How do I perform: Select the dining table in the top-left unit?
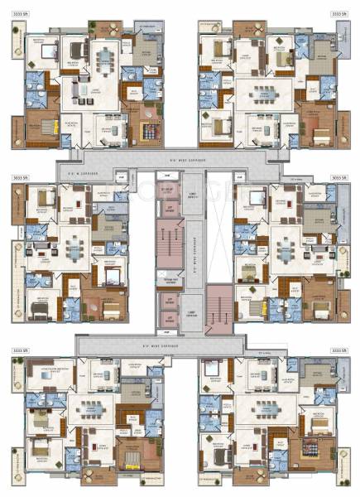point(106,59)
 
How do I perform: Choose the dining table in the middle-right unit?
point(286,248)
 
